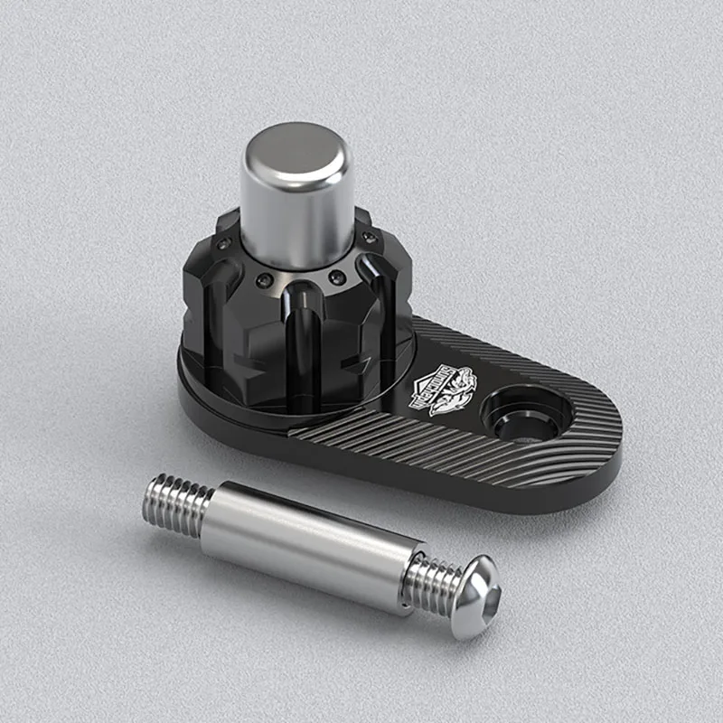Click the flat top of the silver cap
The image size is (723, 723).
[296, 150]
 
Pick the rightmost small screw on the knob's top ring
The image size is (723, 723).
[369, 238]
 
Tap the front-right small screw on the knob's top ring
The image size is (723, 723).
[337, 277]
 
